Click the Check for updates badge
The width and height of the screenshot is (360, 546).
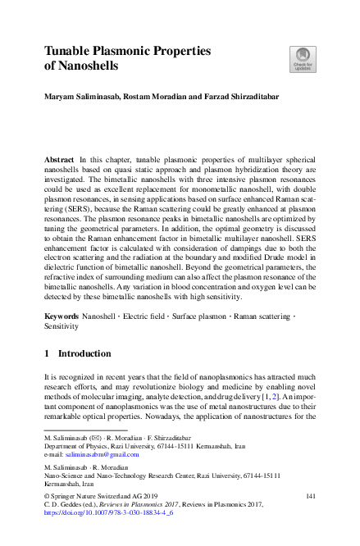click(x=302, y=58)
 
